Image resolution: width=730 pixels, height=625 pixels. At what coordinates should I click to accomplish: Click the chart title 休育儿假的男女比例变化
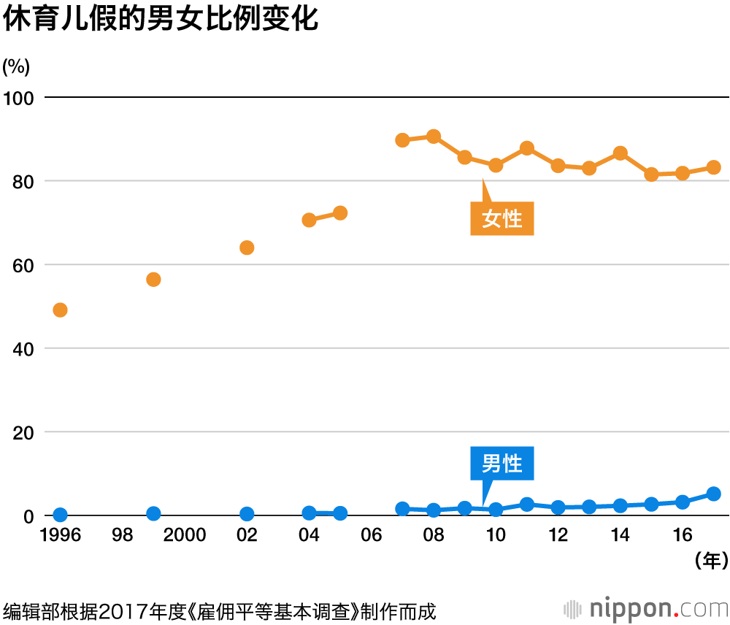point(161,20)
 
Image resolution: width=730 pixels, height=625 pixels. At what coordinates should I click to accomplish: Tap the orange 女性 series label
point(502,218)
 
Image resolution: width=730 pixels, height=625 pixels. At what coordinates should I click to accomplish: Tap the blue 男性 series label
point(502,464)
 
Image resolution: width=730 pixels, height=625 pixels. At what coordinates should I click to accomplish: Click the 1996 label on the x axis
point(61,536)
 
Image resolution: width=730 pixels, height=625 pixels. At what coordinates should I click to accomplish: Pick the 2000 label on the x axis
point(185,536)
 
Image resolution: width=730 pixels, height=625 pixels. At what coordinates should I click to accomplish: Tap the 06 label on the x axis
point(371,536)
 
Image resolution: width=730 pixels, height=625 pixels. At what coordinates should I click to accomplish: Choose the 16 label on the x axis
point(683,536)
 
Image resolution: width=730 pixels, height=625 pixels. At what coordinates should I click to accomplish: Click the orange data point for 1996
point(61,310)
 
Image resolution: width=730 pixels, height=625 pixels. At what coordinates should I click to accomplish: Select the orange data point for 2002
point(247,248)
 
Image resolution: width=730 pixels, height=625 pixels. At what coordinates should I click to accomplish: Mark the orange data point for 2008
point(434,137)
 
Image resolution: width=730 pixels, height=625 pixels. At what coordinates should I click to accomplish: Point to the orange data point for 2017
point(714,167)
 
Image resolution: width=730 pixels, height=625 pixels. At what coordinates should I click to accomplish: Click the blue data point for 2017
point(714,494)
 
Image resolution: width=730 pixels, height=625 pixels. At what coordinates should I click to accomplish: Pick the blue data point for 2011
point(527,505)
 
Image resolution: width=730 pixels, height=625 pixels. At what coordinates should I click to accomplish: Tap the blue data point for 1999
point(153,514)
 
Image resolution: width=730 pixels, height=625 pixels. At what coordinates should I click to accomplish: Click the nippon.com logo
point(646,608)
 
